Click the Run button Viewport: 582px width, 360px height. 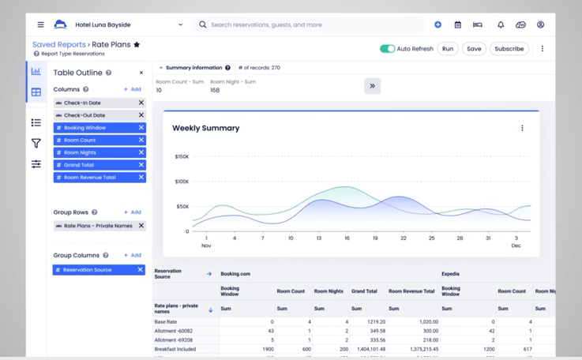coord(448,49)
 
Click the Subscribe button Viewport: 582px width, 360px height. coord(509,49)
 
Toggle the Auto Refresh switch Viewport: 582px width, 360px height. coord(387,49)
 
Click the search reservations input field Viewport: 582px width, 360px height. coord(312,24)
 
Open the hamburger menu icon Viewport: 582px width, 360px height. coord(41,24)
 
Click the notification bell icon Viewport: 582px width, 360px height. coord(500,24)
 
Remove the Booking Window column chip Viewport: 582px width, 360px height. coord(141,127)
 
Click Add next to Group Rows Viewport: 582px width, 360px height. coord(133,212)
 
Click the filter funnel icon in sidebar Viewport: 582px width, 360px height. coord(36,143)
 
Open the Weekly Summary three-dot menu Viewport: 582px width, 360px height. coord(522,128)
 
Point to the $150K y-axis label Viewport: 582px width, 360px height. coord(182,156)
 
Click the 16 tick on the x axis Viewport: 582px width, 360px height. coord(347,238)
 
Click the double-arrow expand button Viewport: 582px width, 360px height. coord(373,85)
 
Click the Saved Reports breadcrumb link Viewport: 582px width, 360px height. coord(58,45)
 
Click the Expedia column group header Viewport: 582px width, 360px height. coord(451,274)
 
